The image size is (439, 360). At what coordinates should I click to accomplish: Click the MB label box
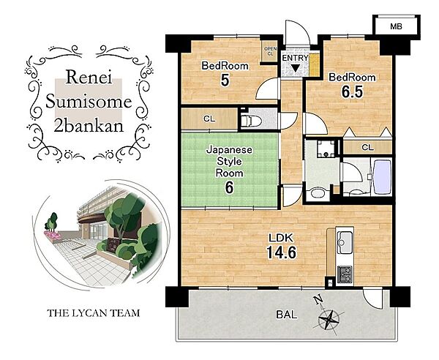pyautogui.click(x=396, y=26)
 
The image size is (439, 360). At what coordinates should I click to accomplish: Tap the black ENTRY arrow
pyautogui.click(x=295, y=68)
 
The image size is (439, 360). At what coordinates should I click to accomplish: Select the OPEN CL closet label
pyautogui.click(x=270, y=51)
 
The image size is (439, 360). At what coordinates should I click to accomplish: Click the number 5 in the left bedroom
pyautogui.click(x=225, y=80)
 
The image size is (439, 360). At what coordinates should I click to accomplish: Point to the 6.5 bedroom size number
pyautogui.click(x=352, y=91)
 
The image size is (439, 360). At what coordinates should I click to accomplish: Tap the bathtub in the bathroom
pyautogui.click(x=382, y=177)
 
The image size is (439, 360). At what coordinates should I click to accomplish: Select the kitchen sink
pyautogui.click(x=345, y=242)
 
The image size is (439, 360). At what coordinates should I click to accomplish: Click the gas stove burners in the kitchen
pyautogui.click(x=345, y=274)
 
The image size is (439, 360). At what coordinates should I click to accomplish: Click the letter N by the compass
pyautogui.click(x=318, y=300)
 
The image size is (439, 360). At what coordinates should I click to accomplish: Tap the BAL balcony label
pyautogui.click(x=286, y=315)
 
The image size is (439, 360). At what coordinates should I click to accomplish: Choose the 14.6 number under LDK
pyautogui.click(x=281, y=252)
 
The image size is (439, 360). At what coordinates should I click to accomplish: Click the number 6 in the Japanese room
pyautogui.click(x=229, y=187)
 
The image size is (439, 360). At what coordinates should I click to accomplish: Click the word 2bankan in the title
pyautogui.click(x=89, y=126)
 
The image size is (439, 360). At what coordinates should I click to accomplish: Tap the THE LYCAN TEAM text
pyautogui.click(x=93, y=313)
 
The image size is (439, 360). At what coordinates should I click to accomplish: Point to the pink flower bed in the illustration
pyautogui.click(x=53, y=235)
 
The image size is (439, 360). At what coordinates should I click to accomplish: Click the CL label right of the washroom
pyautogui.click(x=367, y=147)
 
